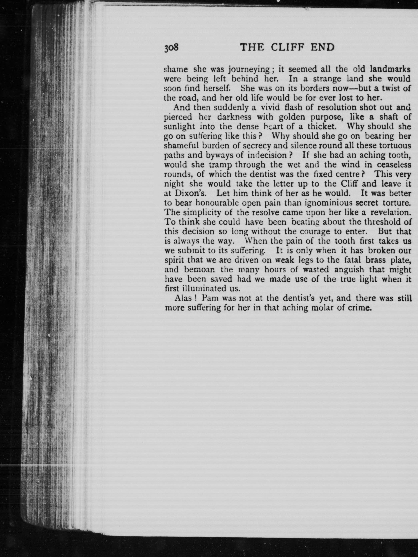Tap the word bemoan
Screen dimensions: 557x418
pyautogui.click(x=199, y=269)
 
